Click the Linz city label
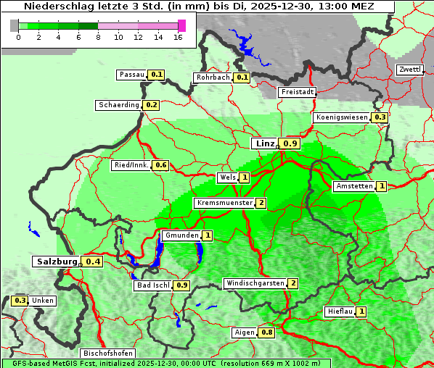tap(264, 143)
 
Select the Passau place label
tap(132, 75)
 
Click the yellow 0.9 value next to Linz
tap(290, 143)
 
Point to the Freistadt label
tap(297, 92)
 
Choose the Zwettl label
tap(409, 70)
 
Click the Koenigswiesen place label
tap(342, 117)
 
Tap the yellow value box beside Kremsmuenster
tap(261, 203)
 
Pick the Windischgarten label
tap(254, 283)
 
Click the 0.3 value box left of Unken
tap(20, 301)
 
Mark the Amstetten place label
tap(354, 186)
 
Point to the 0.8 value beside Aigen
tap(267, 333)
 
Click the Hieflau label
tap(340, 311)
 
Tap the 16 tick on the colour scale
tap(178, 37)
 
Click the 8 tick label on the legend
tap(98, 37)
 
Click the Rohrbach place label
tap(213, 78)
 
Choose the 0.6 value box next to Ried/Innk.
tap(160, 165)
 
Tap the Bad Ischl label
tap(152, 285)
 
